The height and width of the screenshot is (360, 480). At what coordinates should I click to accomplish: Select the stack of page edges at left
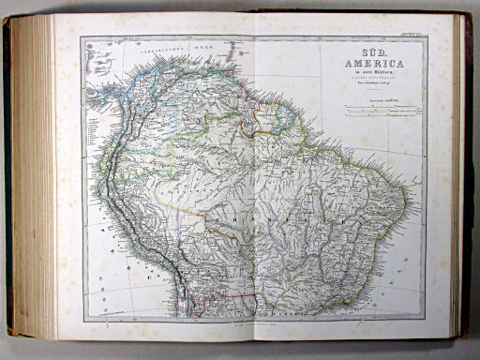click(x=33, y=178)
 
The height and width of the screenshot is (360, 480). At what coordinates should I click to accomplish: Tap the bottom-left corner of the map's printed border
click(x=82, y=320)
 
